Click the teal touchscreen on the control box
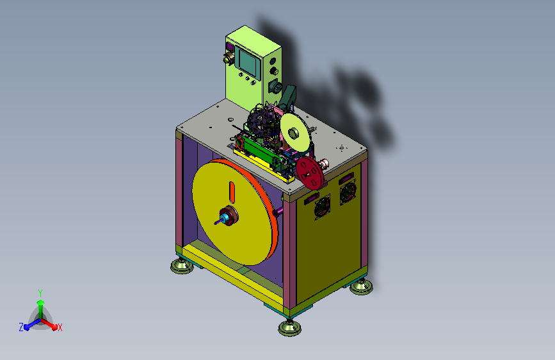coord(250,62)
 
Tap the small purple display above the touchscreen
coord(230,47)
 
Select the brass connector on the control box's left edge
coord(229,58)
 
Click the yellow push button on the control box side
coord(273,71)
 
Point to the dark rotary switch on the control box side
coord(275,86)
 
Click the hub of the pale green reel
coord(293,133)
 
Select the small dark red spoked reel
coord(310,174)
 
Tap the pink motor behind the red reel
coord(323,164)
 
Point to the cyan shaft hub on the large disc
coord(224,218)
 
